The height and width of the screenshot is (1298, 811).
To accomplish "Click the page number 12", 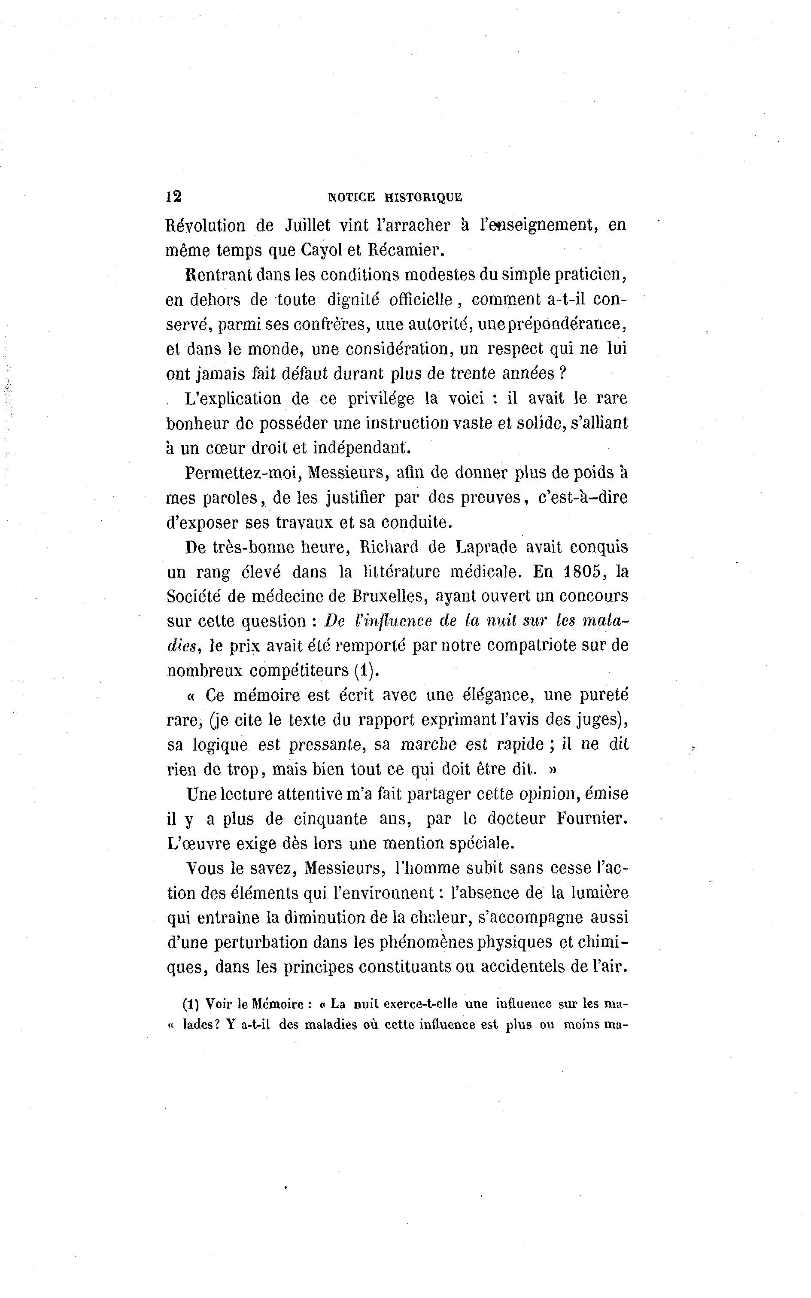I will tap(174, 196).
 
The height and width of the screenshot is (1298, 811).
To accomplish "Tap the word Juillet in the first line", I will tap(308, 225).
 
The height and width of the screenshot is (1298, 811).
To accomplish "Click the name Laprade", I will tap(486, 547).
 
